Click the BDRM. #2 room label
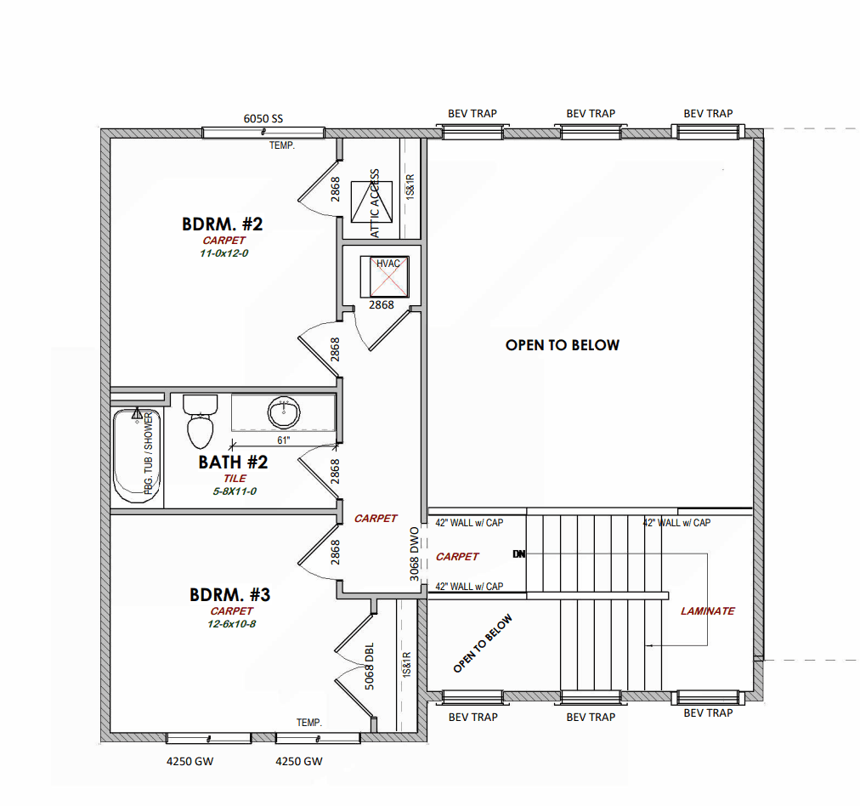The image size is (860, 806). coord(222,224)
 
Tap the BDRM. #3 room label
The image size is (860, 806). coord(229,595)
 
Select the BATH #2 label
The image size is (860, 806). coord(233,462)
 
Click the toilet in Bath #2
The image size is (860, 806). coord(201,422)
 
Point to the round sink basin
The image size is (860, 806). coord(284,412)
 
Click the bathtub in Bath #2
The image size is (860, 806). coord(137,456)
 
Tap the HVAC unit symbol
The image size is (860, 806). coord(384,277)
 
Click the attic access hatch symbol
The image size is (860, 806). coord(372,202)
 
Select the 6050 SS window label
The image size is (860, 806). coord(263,118)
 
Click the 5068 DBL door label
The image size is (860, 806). coord(369,666)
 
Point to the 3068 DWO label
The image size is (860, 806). coord(415,554)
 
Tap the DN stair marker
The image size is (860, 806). coord(519,554)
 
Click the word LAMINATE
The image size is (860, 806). coord(708,611)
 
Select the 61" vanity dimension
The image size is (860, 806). coord(284,440)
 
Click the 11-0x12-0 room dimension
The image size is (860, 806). coord(223,253)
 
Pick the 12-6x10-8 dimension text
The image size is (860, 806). coord(231,624)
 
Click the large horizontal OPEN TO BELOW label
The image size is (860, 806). coord(563,345)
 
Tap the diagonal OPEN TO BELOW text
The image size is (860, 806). coord(483,643)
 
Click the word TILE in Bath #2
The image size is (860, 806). coord(235,479)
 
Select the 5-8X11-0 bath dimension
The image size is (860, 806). coord(235,491)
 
